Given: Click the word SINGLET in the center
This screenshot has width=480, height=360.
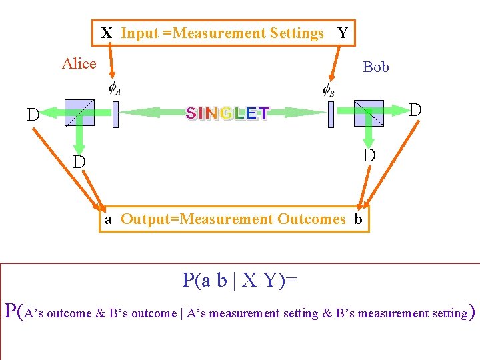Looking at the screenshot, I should pyautogui.click(x=227, y=113).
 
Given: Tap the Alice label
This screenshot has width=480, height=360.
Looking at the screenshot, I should pyautogui.click(x=79, y=64).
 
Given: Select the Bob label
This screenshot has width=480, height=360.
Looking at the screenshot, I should pyautogui.click(x=376, y=67).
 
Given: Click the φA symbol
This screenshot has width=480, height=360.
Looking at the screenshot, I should pyautogui.click(x=114, y=89).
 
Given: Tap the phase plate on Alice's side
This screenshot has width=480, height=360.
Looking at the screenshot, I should pyautogui.click(x=115, y=114).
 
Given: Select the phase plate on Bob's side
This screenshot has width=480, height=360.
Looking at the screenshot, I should pyautogui.click(x=330, y=114).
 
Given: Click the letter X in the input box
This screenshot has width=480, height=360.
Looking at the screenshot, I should pyautogui.click(x=107, y=33).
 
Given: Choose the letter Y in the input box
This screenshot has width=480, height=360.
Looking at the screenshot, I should pyautogui.click(x=343, y=33).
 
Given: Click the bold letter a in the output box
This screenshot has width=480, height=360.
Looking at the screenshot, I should pyautogui.click(x=107, y=219).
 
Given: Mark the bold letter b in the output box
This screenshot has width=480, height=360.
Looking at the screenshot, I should pyautogui.click(x=358, y=219).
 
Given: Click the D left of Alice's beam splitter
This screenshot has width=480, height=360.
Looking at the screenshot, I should pyautogui.click(x=33, y=115).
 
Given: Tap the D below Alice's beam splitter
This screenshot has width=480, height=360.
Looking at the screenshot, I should pyautogui.click(x=79, y=162).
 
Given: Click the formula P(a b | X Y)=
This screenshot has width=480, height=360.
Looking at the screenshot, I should pyautogui.click(x=240, y=280).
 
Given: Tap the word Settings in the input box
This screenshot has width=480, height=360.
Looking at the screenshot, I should pyautogui.click(x=297, y=33).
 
